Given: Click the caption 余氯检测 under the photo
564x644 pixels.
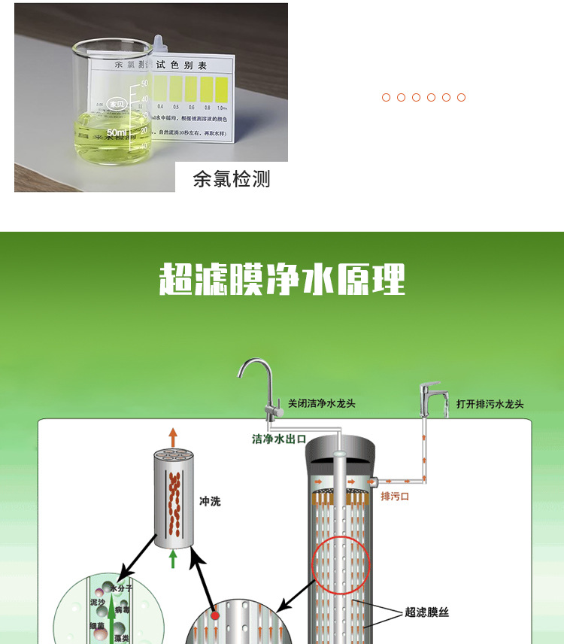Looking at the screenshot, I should pyautogui.click(x=231, y=179).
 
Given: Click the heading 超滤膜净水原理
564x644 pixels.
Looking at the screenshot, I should pyautogui.click(x=282, y=279).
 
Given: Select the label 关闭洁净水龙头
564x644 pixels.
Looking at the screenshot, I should pyautogui.click(x=322, y=404).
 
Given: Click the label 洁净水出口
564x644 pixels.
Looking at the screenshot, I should pyautogui.click(x=278, y=439).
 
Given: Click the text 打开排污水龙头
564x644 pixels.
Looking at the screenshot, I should pyautogui.click(x=490, y=405).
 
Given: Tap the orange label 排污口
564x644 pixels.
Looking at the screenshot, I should pyautogui.click(x=395, y=497).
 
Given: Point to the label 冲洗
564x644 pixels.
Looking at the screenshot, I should pyautogui.click(x=210, y=501).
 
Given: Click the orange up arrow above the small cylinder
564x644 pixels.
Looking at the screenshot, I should pyautogui.click(x=173, y=436).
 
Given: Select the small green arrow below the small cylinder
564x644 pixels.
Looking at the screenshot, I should pyautogui.click(x=173, y=559).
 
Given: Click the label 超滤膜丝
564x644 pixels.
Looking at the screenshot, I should pyautogui.click(x=426, y=612).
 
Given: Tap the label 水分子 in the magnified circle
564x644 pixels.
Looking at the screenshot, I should pyautogui.click(x=121, y=588).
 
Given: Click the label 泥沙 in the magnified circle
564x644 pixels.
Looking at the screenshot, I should pyautogui.click(x=98, y=603).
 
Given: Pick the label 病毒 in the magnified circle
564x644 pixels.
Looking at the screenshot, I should pyautogui.click(x=122, y=612).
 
